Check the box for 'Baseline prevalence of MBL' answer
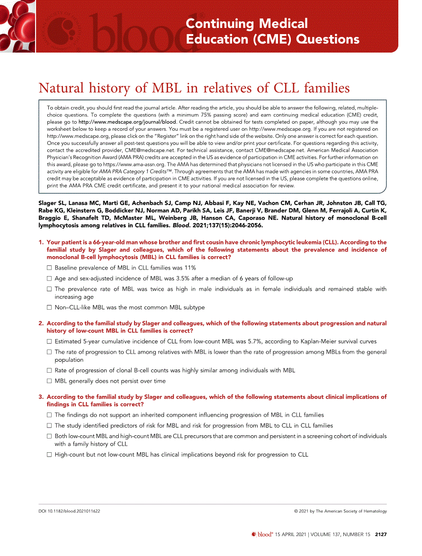pos(49,268)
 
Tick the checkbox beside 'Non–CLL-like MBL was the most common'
pos(49,308)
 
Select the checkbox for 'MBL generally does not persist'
pos(49,381)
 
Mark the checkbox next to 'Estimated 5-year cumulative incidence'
pos(49,341)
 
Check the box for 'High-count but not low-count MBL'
pos(49,455)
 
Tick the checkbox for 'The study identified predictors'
pos(49,426)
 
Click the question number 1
pos(40,242)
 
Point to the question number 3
pos(40,397)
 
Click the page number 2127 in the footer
pos(381,535)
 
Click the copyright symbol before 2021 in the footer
pos(296,511)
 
